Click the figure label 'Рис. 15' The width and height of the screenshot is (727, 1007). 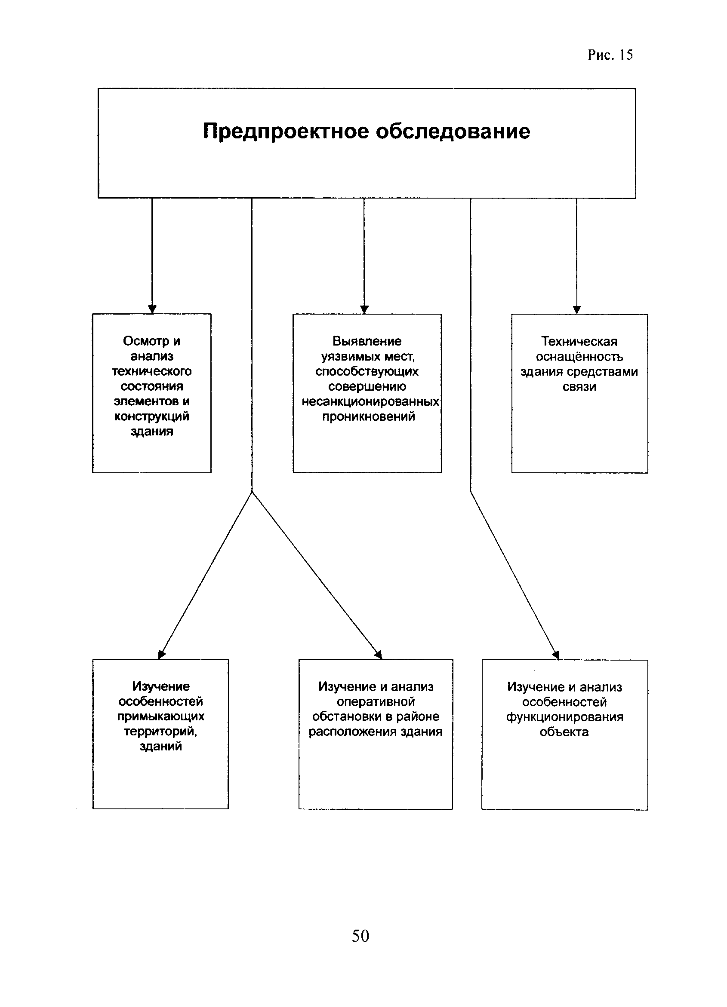click(610, 55)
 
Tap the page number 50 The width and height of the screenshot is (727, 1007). click(360, 936)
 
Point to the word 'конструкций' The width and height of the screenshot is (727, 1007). click(151, 416)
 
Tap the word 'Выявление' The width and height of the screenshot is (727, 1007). click(367, 341)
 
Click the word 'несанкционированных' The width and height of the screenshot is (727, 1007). click(370, 401)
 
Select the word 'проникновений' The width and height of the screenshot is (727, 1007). click(369, 416)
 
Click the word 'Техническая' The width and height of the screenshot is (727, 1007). click(579, 341)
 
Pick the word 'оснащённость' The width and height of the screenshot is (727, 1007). click(579, 357)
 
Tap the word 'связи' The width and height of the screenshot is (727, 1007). click(579, 387)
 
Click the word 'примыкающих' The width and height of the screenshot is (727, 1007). click(161, 716)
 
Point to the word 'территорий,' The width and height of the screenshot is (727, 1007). click(160, 731)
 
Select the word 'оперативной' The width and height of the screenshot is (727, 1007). click(376, 701)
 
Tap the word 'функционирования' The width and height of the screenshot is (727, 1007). click(564, 717)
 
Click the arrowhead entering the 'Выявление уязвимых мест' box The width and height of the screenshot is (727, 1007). click(364, 309)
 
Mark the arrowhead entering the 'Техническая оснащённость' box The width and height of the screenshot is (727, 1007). click(577, 309)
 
